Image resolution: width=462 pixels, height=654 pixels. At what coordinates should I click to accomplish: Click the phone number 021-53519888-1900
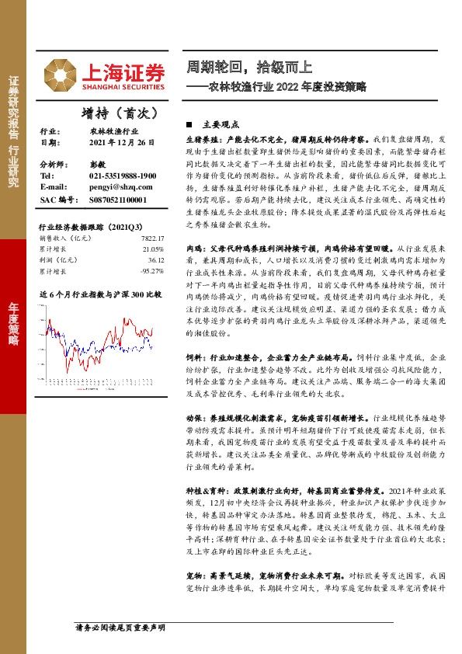click(x=123, y=177)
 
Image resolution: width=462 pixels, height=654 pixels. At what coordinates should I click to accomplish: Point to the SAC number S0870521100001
click(x=117, y=200)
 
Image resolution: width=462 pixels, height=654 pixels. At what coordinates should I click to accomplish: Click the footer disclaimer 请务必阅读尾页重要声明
click(x=120, y=627)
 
